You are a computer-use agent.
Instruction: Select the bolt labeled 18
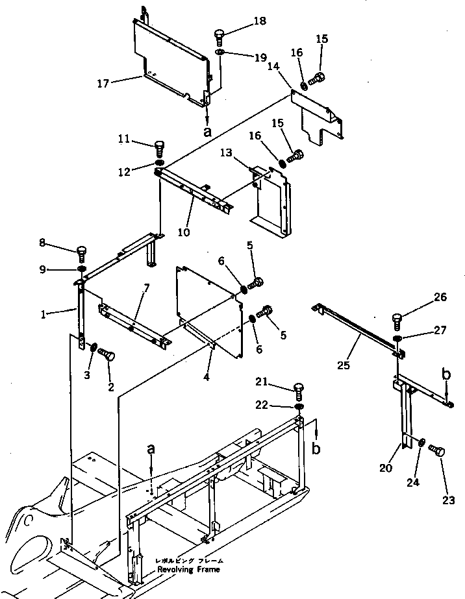220,36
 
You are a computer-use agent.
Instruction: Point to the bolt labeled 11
160,146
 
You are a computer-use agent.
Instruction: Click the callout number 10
184,231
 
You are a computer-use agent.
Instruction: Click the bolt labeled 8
81,251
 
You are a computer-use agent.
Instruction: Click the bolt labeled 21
299,390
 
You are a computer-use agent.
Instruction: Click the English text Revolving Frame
188,569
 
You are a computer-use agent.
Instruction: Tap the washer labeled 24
421,443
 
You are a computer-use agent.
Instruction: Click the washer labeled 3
94,348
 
